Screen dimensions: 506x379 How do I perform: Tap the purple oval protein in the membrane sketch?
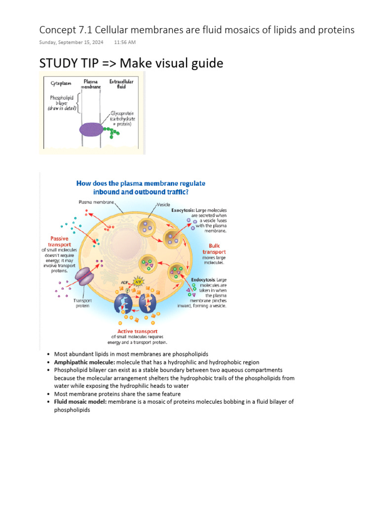coord(91,129)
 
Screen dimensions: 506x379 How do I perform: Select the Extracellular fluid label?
coord(117,84)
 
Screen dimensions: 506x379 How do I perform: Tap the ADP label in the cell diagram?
coord(120,283)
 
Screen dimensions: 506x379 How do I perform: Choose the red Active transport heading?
coord(137,331)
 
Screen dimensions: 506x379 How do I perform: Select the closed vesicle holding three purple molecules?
coord(147,226)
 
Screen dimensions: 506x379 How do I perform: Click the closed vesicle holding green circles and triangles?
coord(148,262)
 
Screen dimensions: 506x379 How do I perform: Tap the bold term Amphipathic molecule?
coord(84,362)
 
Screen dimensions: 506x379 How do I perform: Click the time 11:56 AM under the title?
coord(124,42)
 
